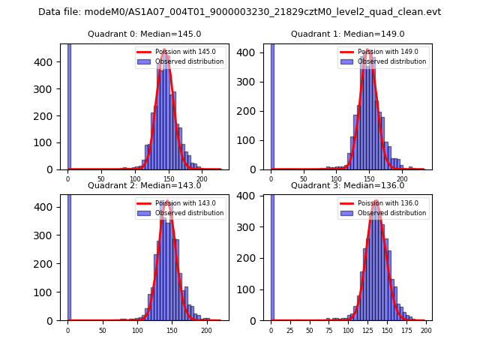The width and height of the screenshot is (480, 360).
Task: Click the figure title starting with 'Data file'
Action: [x=239, y=12]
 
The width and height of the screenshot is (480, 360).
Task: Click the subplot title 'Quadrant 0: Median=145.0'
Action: [x=144, y=34]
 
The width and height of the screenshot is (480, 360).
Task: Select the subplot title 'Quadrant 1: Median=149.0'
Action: [x=347, y=34]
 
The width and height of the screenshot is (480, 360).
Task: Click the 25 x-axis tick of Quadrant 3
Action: [x=290, y=329]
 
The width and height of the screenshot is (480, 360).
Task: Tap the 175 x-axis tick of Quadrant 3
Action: [x=406, y=329]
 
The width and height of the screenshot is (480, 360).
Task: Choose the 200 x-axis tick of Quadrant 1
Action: [x=402, y=178]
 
